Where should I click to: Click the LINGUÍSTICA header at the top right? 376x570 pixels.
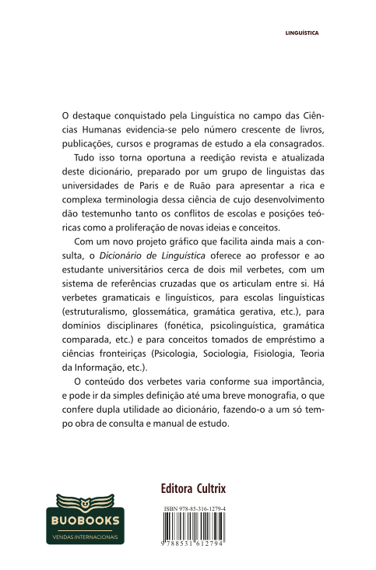[x=304, y=34]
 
